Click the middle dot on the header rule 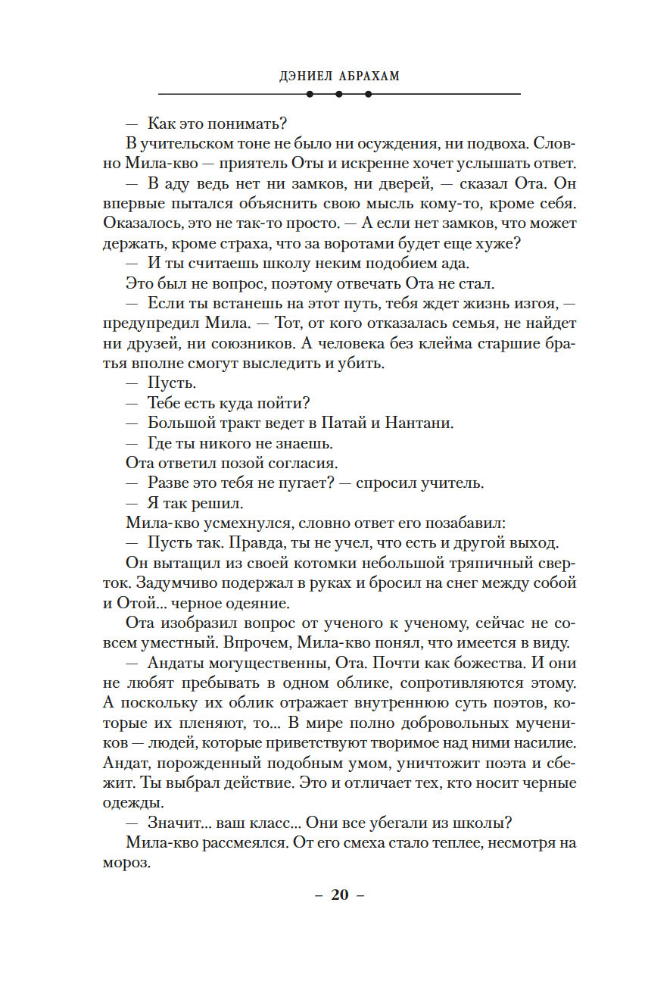tap(338, 94)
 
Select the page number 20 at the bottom tap(339, 895)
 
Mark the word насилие tap(539, 742)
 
